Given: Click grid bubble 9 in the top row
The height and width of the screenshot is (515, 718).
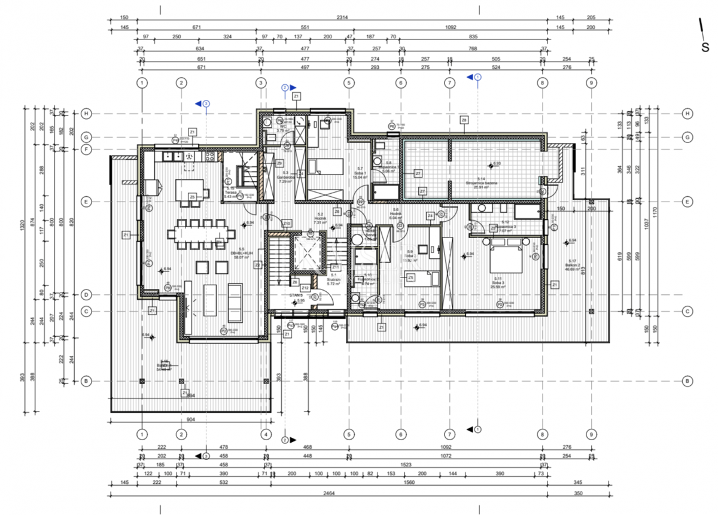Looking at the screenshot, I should pyautogui.click(x=591, y=83).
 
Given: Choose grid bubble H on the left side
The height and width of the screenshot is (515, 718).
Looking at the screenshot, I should pyautogui.click(x=86, y=114).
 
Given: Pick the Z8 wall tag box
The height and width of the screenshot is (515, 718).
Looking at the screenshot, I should pyautogui.click(x=464, y=120).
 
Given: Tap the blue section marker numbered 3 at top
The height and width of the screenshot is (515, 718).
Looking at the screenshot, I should pyautogui.click(x=205, y=103).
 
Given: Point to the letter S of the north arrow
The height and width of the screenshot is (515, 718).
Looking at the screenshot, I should pyautogui.click(x=705, y=48).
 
